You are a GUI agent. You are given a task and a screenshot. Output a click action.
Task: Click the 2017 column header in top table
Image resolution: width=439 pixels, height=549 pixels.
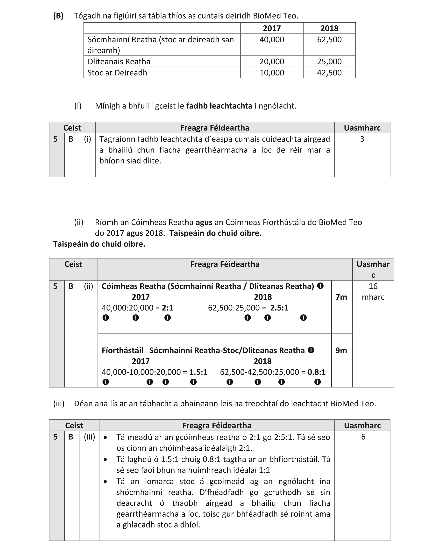[272, 28]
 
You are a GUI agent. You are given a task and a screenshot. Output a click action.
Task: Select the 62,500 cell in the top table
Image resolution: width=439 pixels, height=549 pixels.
[329, 40]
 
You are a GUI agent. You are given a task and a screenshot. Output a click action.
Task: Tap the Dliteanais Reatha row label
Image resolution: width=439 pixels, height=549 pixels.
[119, 62]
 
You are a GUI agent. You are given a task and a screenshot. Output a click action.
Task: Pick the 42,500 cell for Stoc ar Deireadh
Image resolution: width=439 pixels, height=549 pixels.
[329, 73]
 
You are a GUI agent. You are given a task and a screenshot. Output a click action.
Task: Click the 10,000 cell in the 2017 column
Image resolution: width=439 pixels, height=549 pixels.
[272, 73]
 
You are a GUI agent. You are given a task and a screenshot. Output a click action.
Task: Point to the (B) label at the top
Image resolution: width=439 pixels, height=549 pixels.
[58, 16]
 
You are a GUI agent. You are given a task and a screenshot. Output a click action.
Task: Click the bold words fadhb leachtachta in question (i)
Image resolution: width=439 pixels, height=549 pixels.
[219, 106]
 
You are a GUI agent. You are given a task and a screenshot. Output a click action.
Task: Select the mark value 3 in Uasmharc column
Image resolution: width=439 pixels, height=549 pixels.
[362, 139]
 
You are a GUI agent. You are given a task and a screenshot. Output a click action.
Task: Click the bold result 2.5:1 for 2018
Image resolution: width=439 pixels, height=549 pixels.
[279, 308]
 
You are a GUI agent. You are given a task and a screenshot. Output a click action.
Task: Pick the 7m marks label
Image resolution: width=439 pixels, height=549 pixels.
[341, 297]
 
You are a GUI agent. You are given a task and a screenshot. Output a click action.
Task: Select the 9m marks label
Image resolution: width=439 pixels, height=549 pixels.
[341, 350]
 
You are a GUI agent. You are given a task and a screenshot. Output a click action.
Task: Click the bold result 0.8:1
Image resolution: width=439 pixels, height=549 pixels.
[316, 372]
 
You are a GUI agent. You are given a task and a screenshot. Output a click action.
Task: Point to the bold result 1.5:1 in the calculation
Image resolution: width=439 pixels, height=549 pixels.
[198, 372]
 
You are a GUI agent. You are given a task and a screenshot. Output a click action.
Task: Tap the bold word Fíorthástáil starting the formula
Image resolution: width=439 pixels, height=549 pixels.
[122, 350]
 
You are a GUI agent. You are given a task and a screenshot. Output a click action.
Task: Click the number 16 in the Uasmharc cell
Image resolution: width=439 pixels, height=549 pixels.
[373, 286]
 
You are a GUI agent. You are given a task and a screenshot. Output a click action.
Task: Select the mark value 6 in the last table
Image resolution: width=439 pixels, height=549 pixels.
[363, 437]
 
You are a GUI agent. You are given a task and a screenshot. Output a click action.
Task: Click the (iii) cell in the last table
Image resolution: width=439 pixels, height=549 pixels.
[89, 437]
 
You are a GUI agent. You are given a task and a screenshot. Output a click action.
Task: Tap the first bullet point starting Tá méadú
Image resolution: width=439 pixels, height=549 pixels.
[223, 443]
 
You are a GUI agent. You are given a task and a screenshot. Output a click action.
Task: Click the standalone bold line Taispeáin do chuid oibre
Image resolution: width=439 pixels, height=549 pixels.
[99, 244]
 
